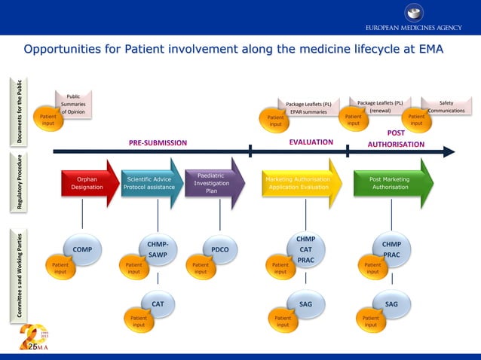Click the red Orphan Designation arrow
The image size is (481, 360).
coord(87,183)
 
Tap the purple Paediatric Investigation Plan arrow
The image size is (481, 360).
coord(213,183)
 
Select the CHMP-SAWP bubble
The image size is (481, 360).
coord(158,249)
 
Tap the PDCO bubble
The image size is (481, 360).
coord(220,249)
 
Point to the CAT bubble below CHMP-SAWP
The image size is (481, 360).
coord(158,304)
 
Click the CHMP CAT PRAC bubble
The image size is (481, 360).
coord(305,249)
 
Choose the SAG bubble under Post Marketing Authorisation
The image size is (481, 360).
coord(392,304)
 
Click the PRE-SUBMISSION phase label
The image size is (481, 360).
coord(158,142)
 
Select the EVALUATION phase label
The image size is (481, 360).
coord(311,142)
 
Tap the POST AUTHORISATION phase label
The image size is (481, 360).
coord(396,139)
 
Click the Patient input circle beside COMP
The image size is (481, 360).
coord(60,268)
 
